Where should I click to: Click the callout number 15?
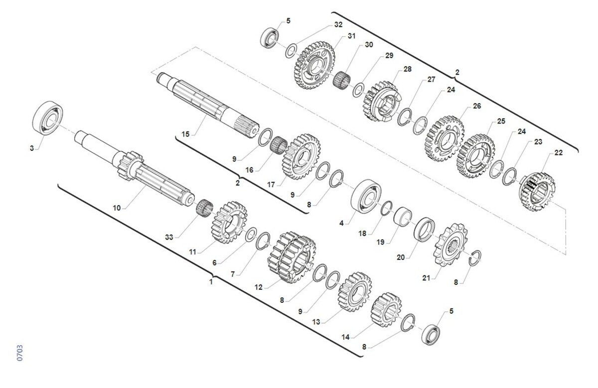pyautogui.click(x=185, y=134)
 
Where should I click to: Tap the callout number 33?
pyautogui.click(x=169, y=237)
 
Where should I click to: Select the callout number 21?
pyautogui.click(x=426, y=278)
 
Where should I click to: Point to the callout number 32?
pyautogui.click(x=338, y=24)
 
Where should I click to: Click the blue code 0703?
pyautogui.click(x=20, y=353)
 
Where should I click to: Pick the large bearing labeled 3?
pyautogui.click(x=47, y=118)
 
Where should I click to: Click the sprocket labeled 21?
pyautogui.click(x=450, y=245)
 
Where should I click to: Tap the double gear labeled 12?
pyautogui.click(x=292, y=258)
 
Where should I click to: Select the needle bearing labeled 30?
pyautogui.click(x=342, y=80)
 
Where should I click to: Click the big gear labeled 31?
pyautogui.click(x=314, y=65)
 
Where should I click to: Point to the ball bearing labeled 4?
pyautogui.click(x=366, y=196)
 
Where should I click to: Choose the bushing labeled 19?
pyautogui.click(x=403, y=217)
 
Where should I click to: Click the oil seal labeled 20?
pyautogui.click(x=424, y=230)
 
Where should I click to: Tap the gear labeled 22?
pyautogui.click(x=537, y=192)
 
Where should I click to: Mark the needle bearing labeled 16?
pyautogui.click(x=279, y=145)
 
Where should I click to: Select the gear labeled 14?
pyautogui.click(x=386, y=310)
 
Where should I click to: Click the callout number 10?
pyautogui.click(x=117, y=208)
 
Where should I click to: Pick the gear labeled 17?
pyautogui.click(x=301, y=156)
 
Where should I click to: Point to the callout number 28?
pyautogui.click(x=408, y=69)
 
